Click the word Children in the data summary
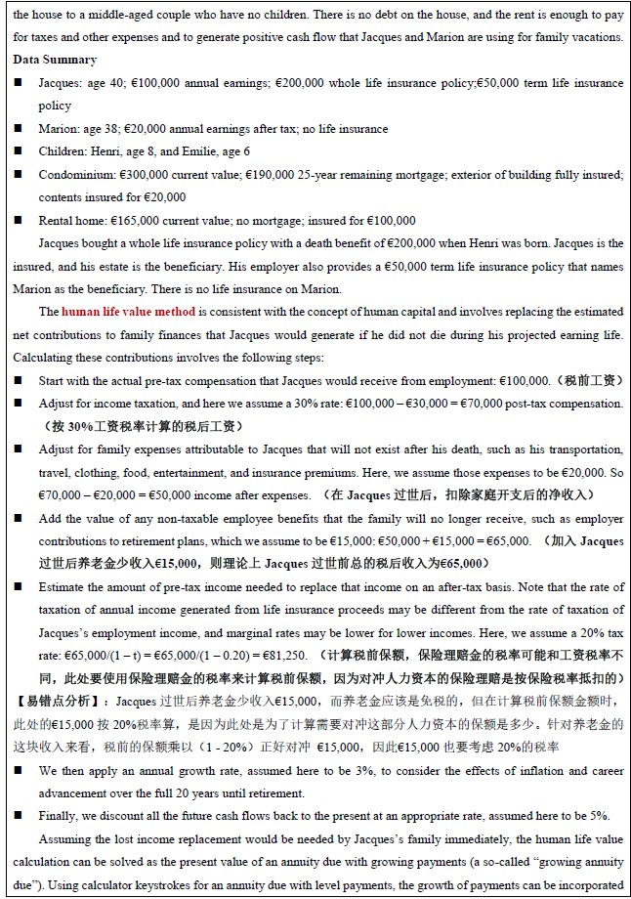61,151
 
